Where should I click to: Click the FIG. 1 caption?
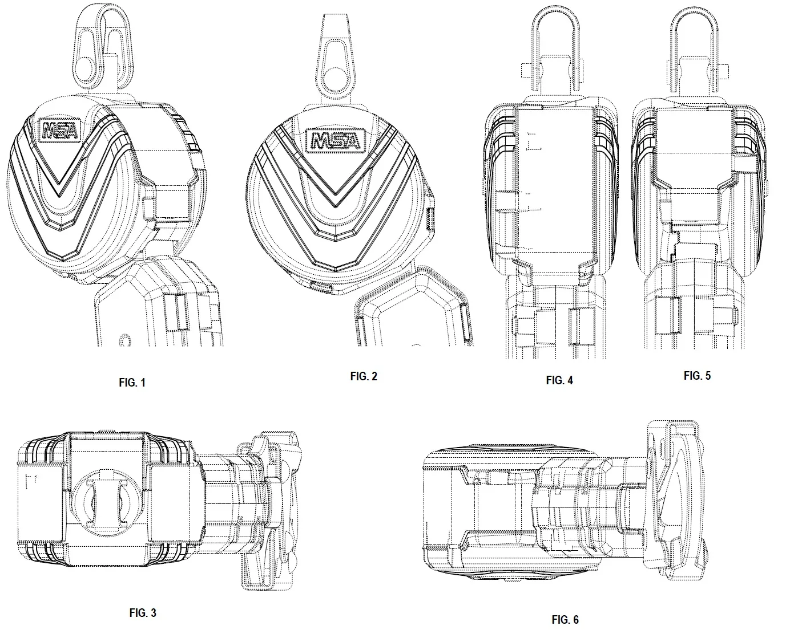coord(132,383)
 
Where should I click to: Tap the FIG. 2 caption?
coord(364,376)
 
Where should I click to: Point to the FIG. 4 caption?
coord(559,380)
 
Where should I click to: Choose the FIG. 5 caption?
coord(697,375)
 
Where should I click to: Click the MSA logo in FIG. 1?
coord(60,130)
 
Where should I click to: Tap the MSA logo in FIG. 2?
coord(336,141)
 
